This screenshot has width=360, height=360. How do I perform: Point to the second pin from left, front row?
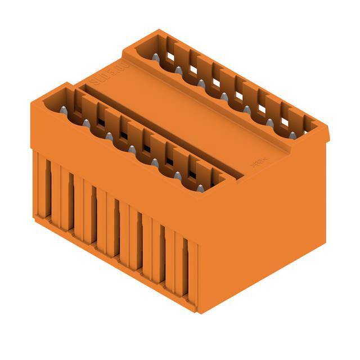86,123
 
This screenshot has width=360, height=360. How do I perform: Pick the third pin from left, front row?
109,136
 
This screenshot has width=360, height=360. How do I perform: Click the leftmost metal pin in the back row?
155,57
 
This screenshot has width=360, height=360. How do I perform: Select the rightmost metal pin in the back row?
292,135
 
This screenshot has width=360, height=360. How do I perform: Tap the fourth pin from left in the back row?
224,96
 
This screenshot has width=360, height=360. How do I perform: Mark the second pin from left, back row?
178,70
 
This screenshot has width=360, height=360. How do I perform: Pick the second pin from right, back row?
269,122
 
